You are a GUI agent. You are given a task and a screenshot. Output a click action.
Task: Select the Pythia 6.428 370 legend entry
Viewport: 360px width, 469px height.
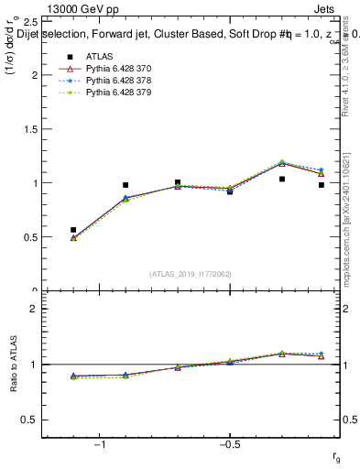click(115, 69)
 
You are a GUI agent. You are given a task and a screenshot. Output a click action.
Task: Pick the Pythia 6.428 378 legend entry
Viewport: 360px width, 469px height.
click(115, 81)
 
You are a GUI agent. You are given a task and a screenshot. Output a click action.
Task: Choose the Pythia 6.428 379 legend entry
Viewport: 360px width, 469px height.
click(115, 93)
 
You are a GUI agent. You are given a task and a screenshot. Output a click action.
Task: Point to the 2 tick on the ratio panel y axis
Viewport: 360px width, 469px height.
click(33, 309)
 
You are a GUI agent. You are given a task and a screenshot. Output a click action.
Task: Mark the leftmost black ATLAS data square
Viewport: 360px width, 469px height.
click(73, 230)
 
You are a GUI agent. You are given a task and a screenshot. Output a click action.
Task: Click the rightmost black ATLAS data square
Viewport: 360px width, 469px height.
click(322, 185)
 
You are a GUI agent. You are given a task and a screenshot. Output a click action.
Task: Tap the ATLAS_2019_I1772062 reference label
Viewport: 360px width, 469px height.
click(191, 274)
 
